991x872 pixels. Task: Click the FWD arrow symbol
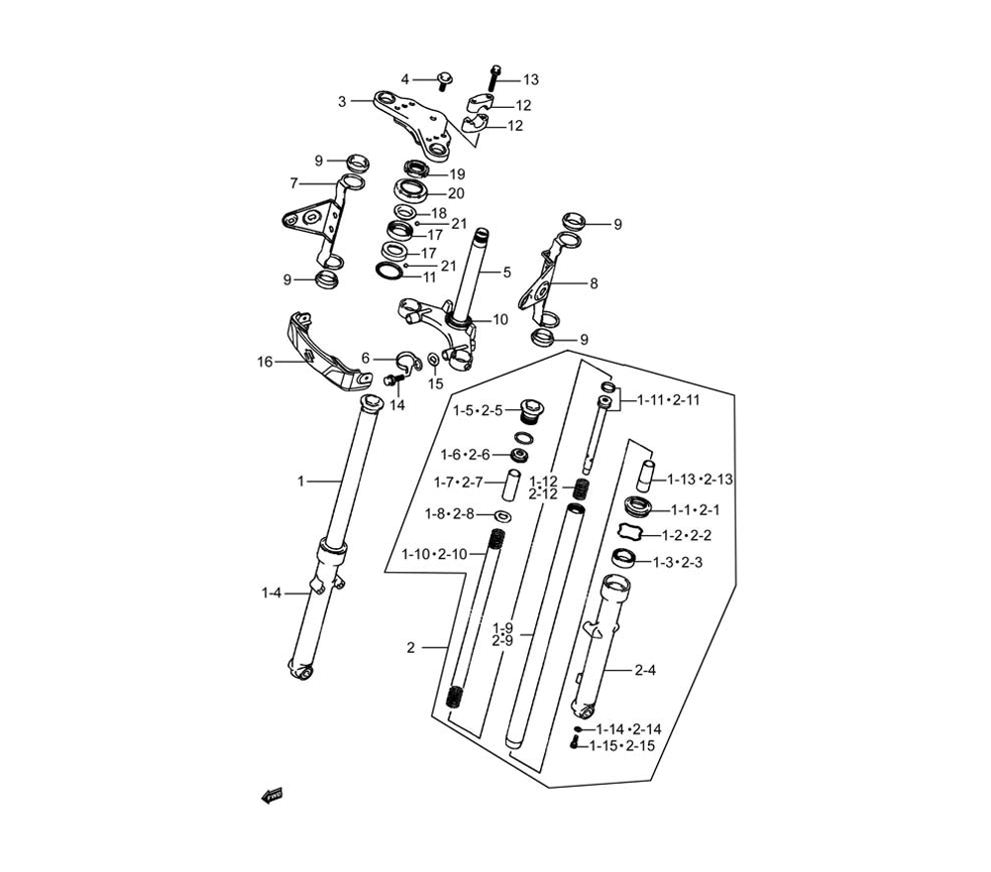(x=272, y=796)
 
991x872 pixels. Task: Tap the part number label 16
(x=265, y=362)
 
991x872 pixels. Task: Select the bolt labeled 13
(x=494, y=77)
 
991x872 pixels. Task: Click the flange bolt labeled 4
(x=442, y=81)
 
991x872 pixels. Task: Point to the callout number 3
(x=342, y=101)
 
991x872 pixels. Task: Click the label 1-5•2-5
(x=478, y=410)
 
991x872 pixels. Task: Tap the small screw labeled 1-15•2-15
(x=575, y=742)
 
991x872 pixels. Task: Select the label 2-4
(x=645, y=671)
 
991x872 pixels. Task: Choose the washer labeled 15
(x=434, y=360)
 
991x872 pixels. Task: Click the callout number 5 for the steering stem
(x=506, y=272)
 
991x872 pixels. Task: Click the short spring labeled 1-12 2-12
(x=580, y=490)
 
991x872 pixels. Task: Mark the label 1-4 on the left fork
(x=272, y=594)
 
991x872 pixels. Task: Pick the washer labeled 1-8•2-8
(x=503, y=516)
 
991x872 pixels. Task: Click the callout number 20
(x=456, y=193)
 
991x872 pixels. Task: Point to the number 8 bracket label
(x=594, y=283)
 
